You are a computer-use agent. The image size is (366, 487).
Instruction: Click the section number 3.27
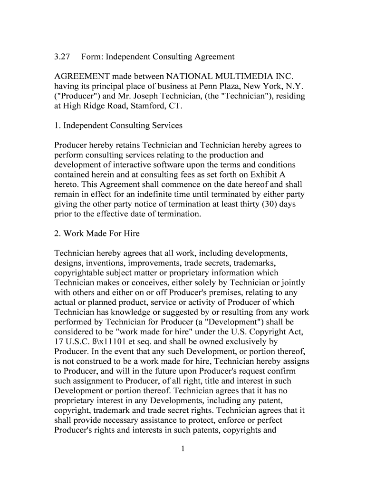(62, 57)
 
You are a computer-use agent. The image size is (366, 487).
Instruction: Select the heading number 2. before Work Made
(58, 234)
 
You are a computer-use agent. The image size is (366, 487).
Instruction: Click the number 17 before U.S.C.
(59, 341)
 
